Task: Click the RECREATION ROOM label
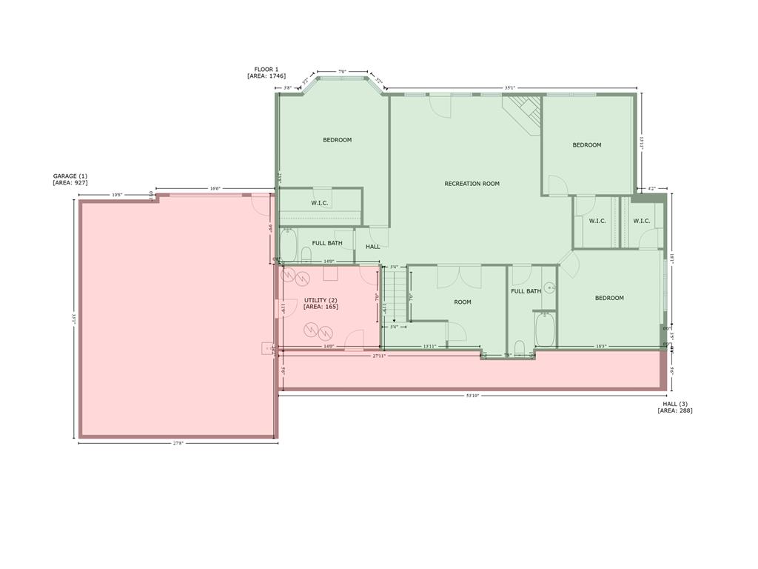coord(472,184)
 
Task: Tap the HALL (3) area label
coord(674,407)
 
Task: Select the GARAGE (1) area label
coord(70,179)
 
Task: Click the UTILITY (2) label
coord(321,303)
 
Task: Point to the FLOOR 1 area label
coord(266,73)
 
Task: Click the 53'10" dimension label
coord(472,396)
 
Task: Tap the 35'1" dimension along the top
coord(509,87)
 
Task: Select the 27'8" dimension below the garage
coord(178,443)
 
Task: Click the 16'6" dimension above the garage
coord(215,188)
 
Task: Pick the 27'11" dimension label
coord(379,356)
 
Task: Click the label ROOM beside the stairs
coord(463,302)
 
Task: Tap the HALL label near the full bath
coord(372,247)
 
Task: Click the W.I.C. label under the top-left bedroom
coord(320,203)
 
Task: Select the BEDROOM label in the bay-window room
coord(337,140)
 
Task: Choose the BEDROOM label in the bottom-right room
coord(609,298)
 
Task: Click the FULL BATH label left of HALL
coord(326,243)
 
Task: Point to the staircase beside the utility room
coord(395,296)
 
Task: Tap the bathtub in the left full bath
coord(288,244)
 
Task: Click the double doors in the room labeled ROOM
coord(459,276)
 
